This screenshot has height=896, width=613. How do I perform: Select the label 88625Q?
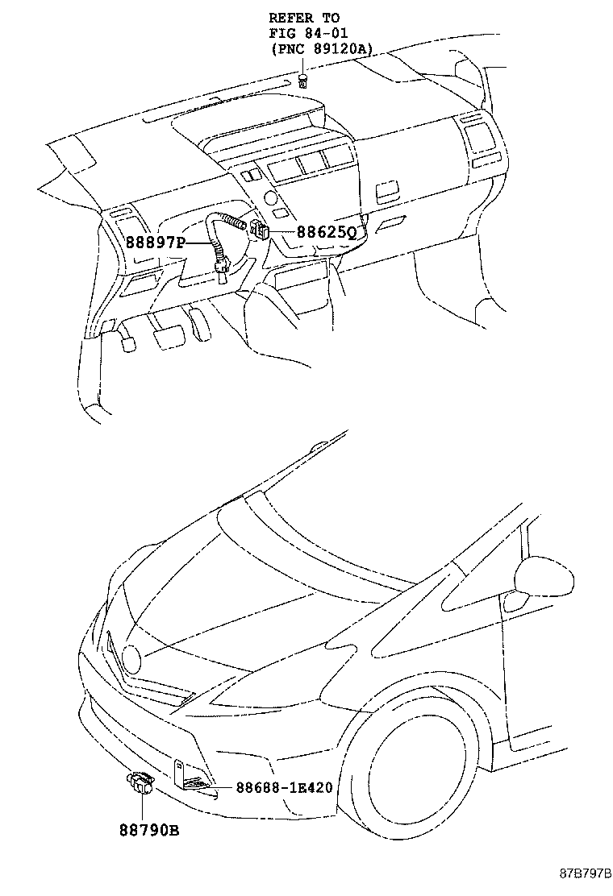pyautogui.click(x=326, y=232)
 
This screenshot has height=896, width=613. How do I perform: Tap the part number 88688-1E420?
pyautogui.click(x=284, y=786)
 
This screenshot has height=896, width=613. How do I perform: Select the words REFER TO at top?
pyautogui.click(x=304, y=17)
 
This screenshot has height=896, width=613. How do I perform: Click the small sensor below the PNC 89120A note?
pyautogui.click(x=302, y=80)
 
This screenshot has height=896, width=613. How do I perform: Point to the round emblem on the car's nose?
pyautogui.click(x=130, y=661)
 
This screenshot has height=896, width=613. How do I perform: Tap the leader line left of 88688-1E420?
pyautogui.click(x=218, y=786)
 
